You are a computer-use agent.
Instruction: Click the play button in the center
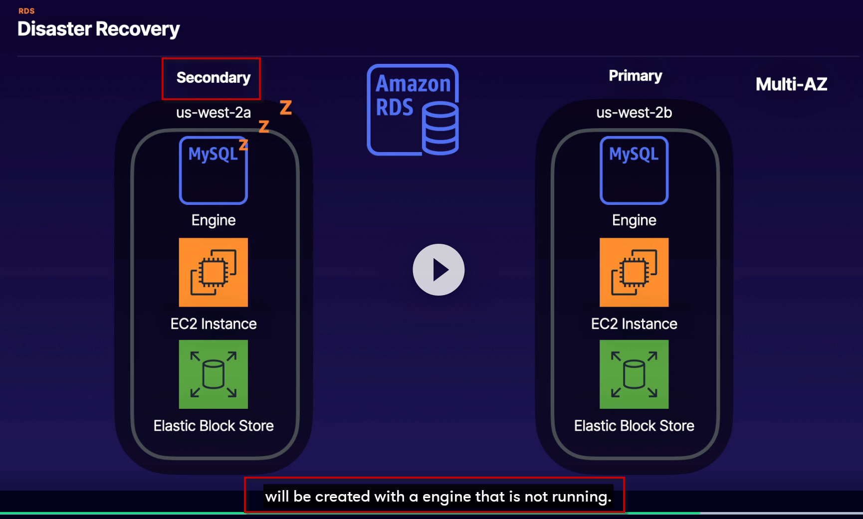(438, 270)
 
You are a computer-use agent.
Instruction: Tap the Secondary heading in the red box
(214, 78)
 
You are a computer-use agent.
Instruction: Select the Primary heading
(636, 76)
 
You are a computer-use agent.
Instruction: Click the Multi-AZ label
(792, 84)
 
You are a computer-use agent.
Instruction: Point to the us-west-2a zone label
(214, 113)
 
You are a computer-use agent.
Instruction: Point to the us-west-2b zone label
(634, 113)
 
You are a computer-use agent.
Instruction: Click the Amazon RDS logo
(413, 110)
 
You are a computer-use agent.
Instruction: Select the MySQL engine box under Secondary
(214, 171)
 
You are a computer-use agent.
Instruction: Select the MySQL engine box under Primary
(634, 171)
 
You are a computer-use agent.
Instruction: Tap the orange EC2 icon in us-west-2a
(214, 272)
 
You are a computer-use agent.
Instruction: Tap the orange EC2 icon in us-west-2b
(634, 272)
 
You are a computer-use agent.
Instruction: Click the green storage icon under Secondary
(214, 374)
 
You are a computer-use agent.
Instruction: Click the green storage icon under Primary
(634, 374)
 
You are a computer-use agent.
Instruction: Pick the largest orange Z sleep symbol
(286, 107)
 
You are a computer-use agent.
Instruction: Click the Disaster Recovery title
(99, 29)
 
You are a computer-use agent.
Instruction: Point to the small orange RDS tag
(26, 11)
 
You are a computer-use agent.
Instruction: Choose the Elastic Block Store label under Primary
(634, 426)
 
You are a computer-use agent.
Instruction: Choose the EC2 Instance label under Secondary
(214, 324)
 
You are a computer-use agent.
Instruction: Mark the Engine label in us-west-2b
(634, 220)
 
